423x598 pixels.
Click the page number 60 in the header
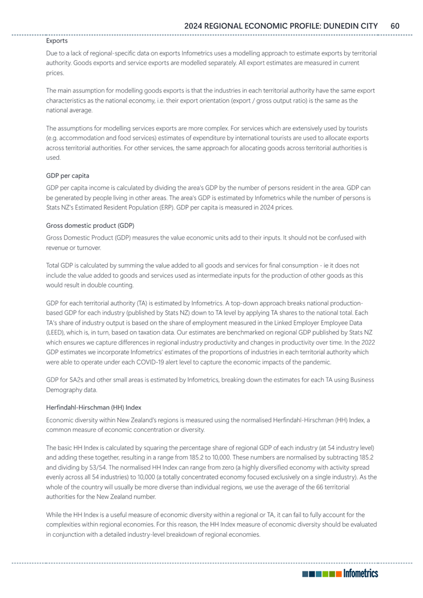(395, 26)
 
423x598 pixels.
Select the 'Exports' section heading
(57, 41)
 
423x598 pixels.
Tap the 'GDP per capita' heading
(67, 176)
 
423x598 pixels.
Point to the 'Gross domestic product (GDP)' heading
(90, 226)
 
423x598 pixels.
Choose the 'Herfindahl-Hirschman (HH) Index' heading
(94, 406)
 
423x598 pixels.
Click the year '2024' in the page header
(196, 26)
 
